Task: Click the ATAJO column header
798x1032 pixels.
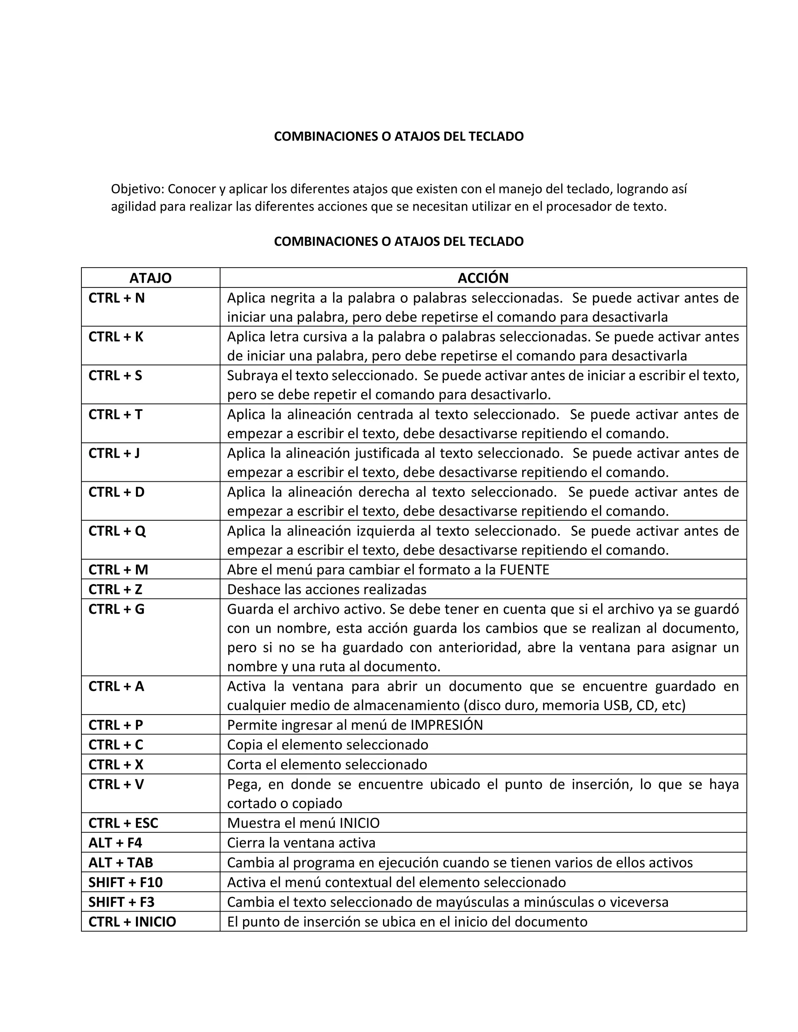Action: point(150,278)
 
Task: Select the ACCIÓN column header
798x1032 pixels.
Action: point(483,278)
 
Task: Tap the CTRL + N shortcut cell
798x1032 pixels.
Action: point(116,298)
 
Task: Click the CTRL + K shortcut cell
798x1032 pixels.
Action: point(116,337)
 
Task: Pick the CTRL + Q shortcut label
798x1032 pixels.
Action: point(117,531)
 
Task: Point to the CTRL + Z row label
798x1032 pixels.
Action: point(115,589)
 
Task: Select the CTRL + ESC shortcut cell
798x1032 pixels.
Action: point(123,823)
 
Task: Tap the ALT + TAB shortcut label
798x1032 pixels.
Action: point(120,862)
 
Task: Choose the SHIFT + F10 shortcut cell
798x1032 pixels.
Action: point(125,882)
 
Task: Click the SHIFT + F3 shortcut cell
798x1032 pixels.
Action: point(121,902)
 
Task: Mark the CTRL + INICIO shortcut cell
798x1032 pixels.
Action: point(132,922)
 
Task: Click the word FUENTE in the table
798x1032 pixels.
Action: point(524,570)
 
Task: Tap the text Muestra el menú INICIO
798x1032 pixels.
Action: point(303,823)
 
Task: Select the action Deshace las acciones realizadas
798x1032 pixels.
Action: point(326,589)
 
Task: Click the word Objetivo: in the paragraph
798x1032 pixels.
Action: point(138,189)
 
